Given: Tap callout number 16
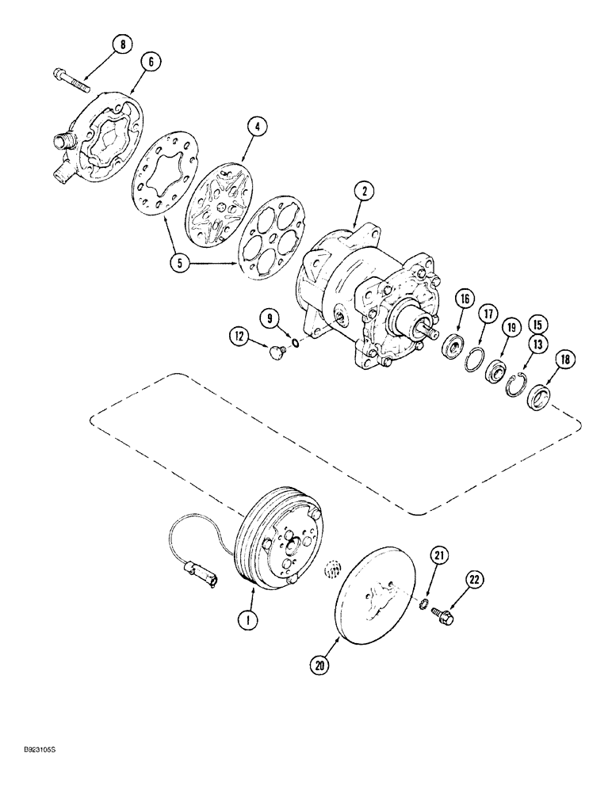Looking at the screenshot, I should click(464, 299).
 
